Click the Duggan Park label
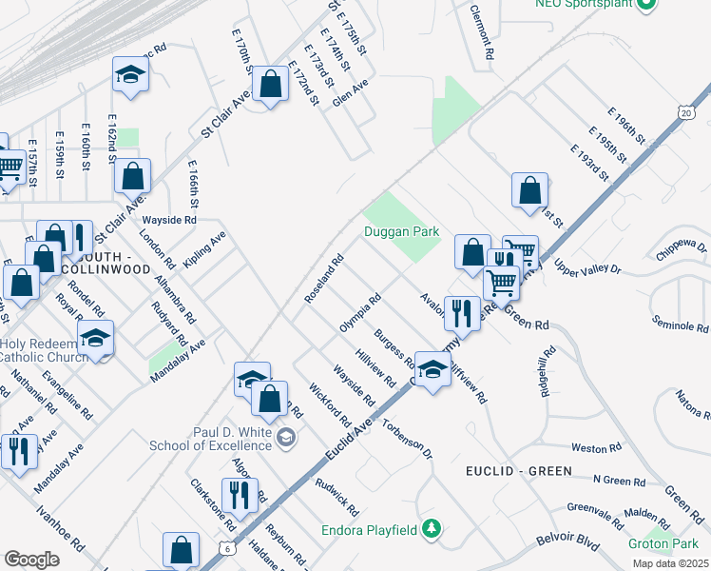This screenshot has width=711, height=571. click(x=400, y=231)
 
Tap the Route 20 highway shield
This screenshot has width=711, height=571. click(x=685, y=113)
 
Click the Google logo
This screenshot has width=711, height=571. click(x=31, y=560)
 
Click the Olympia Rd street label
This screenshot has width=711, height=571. click(x=360, y=312)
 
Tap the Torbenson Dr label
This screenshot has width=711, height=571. click(x=408, y=439)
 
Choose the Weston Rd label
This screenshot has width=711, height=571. click(x=595, y=446)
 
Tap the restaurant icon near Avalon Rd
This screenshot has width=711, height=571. click(x=462, y=311)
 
